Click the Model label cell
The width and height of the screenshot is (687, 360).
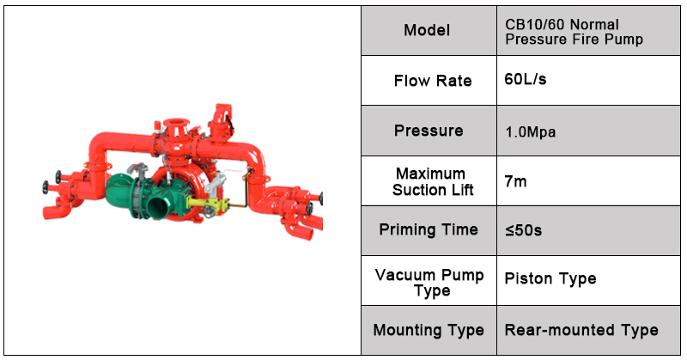427,31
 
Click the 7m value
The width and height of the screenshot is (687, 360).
514,181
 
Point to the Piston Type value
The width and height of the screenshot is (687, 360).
550,278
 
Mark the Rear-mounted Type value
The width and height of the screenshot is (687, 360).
581,330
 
